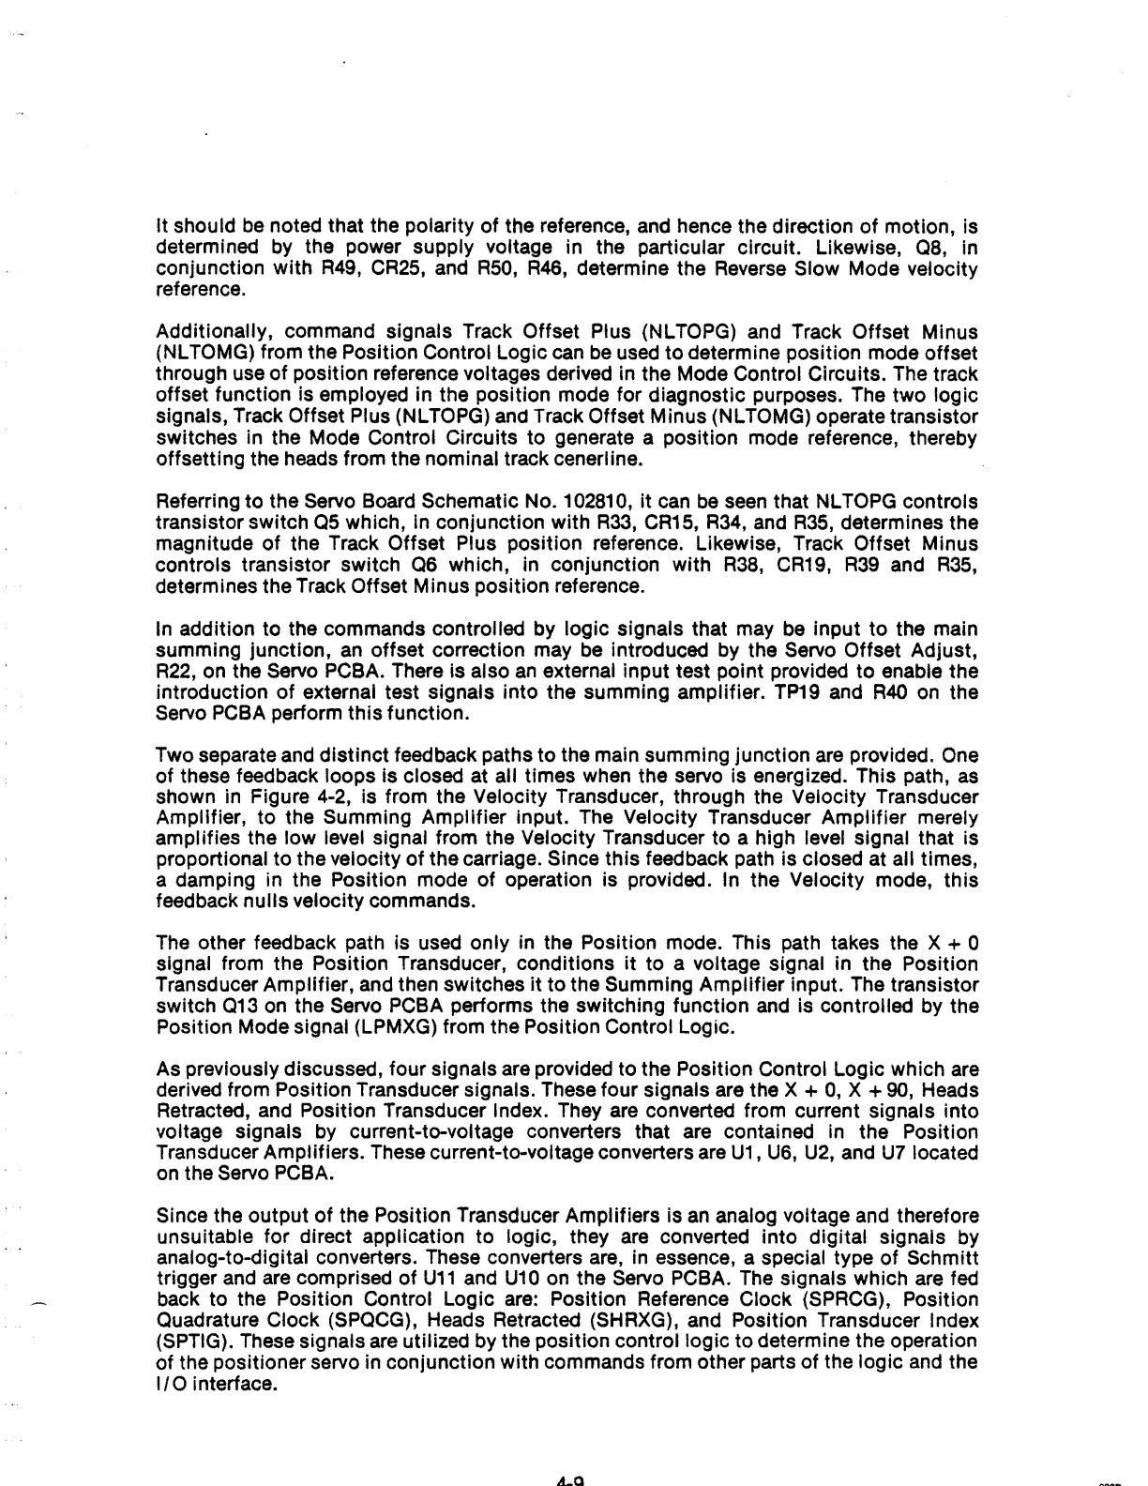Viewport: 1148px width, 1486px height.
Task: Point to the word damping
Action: (212, 881)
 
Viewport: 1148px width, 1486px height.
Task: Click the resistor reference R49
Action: (273, 269)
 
